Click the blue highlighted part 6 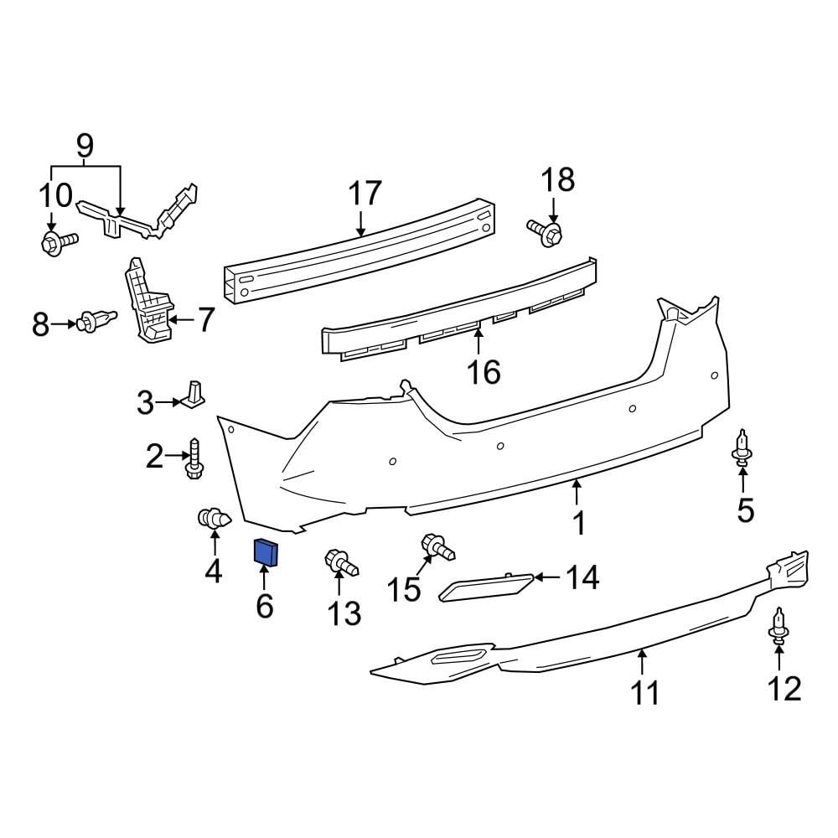[266, 552]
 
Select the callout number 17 [365, 194]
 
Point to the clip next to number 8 [96, 322]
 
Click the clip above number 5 [742, 447]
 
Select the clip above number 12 [779, 626]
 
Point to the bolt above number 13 [341, 562]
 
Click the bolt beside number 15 [437, 546]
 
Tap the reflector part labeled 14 [486, 587]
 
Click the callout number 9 [85, 147]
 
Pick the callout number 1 [578, 525]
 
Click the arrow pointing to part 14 [546, 577]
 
